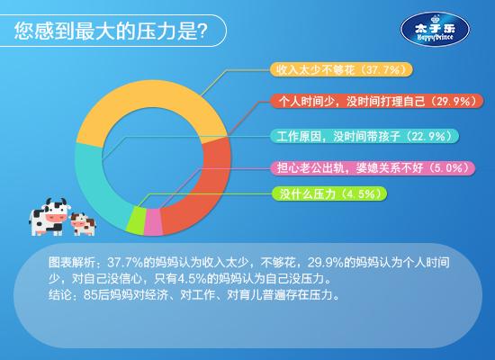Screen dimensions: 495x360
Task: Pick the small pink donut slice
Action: click(x=153, y=222)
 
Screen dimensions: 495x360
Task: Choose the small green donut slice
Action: click(x=137, y=220)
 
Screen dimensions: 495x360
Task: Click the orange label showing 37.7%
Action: click(x=341, y=69)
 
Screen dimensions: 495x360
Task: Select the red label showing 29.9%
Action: click(x=377, y=101)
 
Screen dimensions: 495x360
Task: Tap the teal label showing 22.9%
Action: click(x=364, y=136)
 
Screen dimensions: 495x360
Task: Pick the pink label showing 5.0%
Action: click(x=373, y=167)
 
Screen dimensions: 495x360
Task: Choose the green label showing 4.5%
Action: click(x=329, y=193)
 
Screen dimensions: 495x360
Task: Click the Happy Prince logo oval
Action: click(x=435, y=30)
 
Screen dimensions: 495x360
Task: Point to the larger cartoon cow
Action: click(x=49, y=217)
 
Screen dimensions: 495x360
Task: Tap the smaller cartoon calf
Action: click(x=83, y=224)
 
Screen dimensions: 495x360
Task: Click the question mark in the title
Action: click(x=202, y=31)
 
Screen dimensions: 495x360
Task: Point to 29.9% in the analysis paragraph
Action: click(x=325, y=263)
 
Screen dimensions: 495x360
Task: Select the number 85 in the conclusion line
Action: click(x=90, y=295)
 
